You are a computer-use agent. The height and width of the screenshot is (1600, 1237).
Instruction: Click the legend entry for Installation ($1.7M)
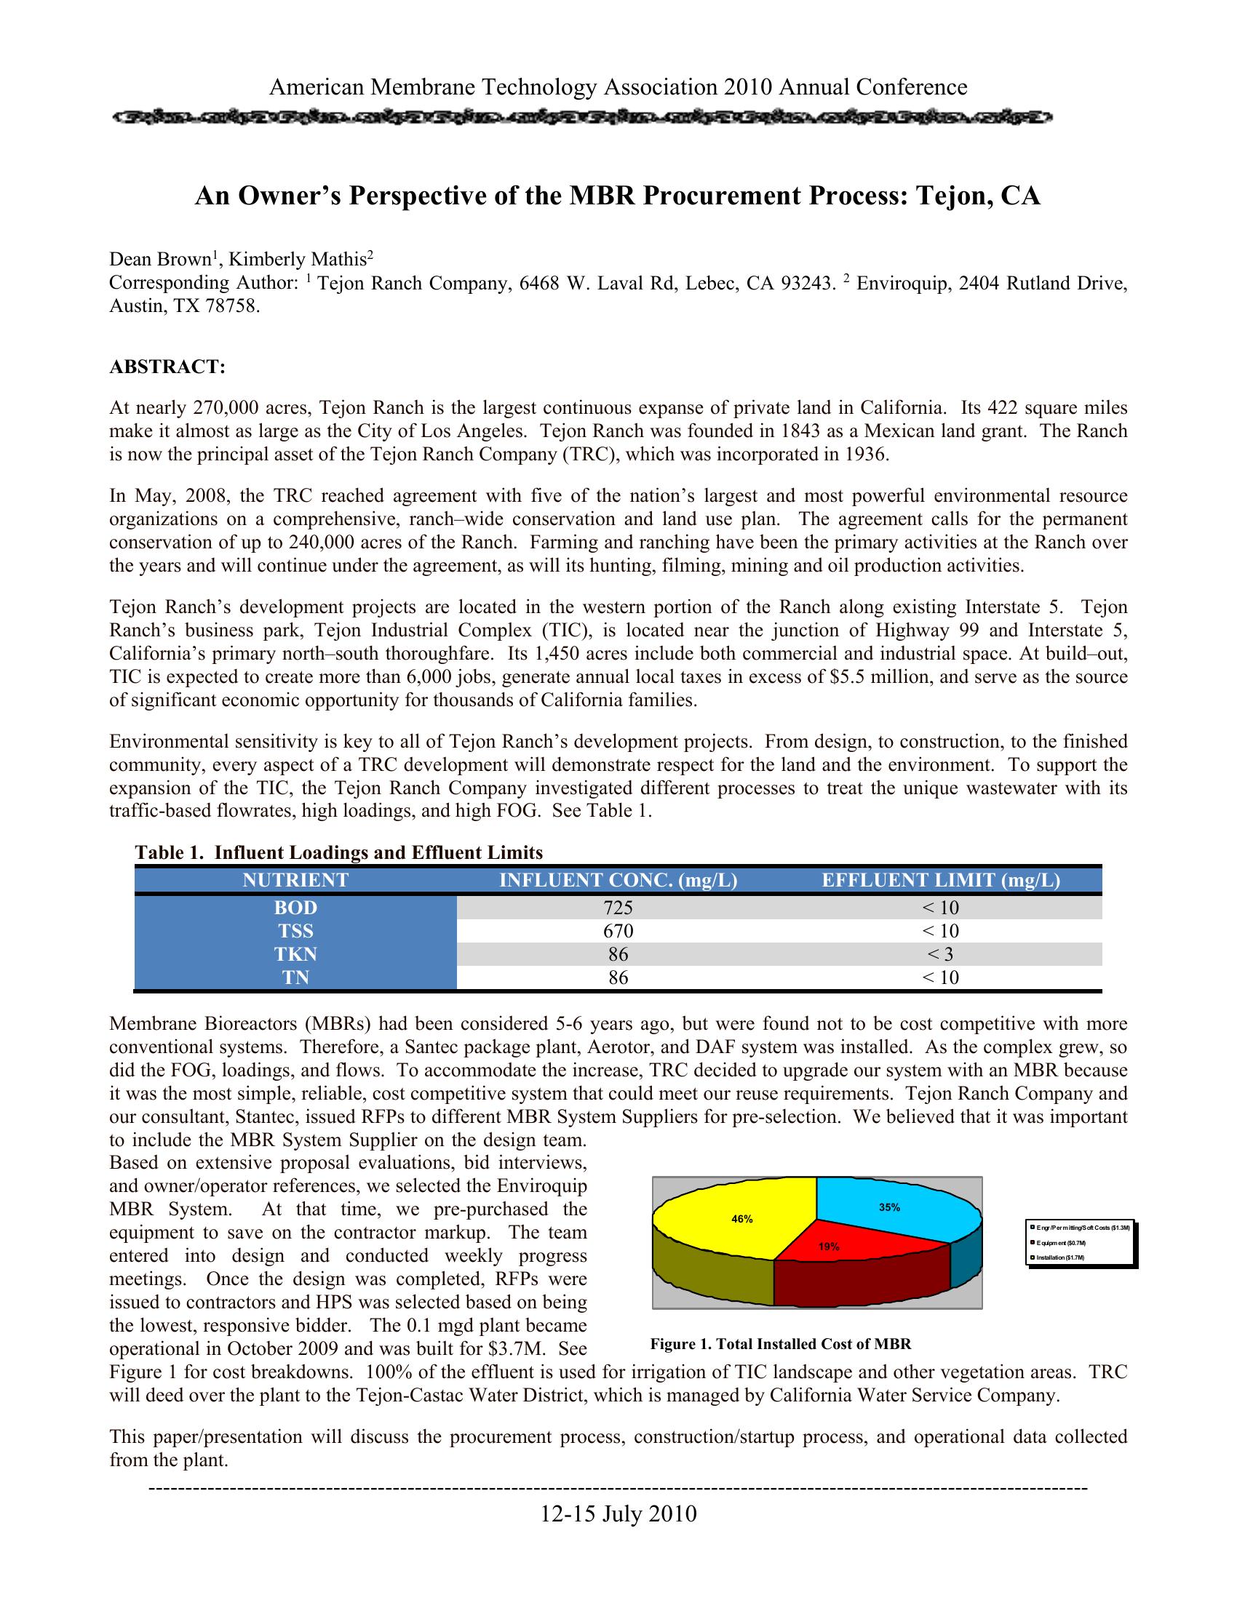coord(1059,1258)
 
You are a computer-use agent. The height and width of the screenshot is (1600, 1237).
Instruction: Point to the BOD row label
coord(295,908)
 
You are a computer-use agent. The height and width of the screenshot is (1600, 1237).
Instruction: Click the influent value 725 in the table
coord(618,908)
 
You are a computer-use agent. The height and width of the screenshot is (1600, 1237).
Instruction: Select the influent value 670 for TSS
coord(618,931)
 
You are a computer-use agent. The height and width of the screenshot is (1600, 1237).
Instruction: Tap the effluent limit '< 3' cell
coord(940,954)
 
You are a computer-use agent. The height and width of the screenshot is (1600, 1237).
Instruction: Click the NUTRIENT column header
coord(295,880)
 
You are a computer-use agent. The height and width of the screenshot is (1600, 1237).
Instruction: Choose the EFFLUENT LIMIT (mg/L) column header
coord(940,880)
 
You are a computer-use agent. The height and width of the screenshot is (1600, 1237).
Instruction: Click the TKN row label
coord(295,954)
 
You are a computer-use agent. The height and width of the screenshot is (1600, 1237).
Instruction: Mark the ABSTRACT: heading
coord(167,367)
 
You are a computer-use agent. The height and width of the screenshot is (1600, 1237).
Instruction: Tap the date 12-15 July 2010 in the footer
coord(618,1513)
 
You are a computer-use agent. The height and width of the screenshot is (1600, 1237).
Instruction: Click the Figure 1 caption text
coord(781,1343)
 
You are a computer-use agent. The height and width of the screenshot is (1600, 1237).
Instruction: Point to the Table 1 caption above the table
coord(338,853)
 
